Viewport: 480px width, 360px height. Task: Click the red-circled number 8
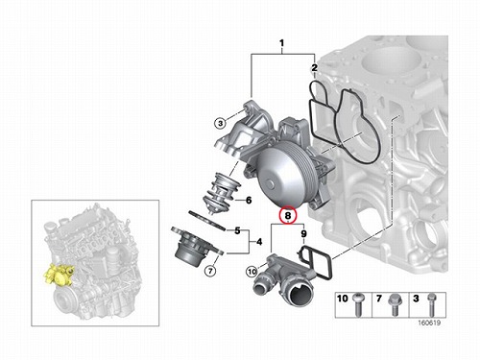click(x=288, y=215)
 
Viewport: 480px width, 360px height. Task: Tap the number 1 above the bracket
click(x=281, y=43)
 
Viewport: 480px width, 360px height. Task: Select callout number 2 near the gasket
click(x=315, y=67)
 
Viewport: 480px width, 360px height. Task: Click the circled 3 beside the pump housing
click(x=220, y=123)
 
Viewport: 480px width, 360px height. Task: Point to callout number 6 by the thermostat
click(x=249, y=201)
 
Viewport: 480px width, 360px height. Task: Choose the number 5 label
click(x=237, y=230)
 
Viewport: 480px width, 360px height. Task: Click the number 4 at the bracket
click(x=259, y=242)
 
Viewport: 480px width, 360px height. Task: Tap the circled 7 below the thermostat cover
click(x=210, y=272)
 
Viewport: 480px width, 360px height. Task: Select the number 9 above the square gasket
click(x=303, y=234)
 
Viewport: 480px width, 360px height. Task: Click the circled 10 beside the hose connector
click(x=252, y=272)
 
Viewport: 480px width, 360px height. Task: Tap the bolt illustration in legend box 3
click(x=432, y=304)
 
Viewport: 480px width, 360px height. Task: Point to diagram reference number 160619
click(x=429, y=323)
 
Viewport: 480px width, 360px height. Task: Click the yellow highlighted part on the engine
click(x=59, y=275)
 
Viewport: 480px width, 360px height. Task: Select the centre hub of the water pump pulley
click(x=271, y=184)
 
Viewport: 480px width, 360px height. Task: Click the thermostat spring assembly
click(x=222, y=191)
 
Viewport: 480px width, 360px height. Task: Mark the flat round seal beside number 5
click(x=207, y=221)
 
